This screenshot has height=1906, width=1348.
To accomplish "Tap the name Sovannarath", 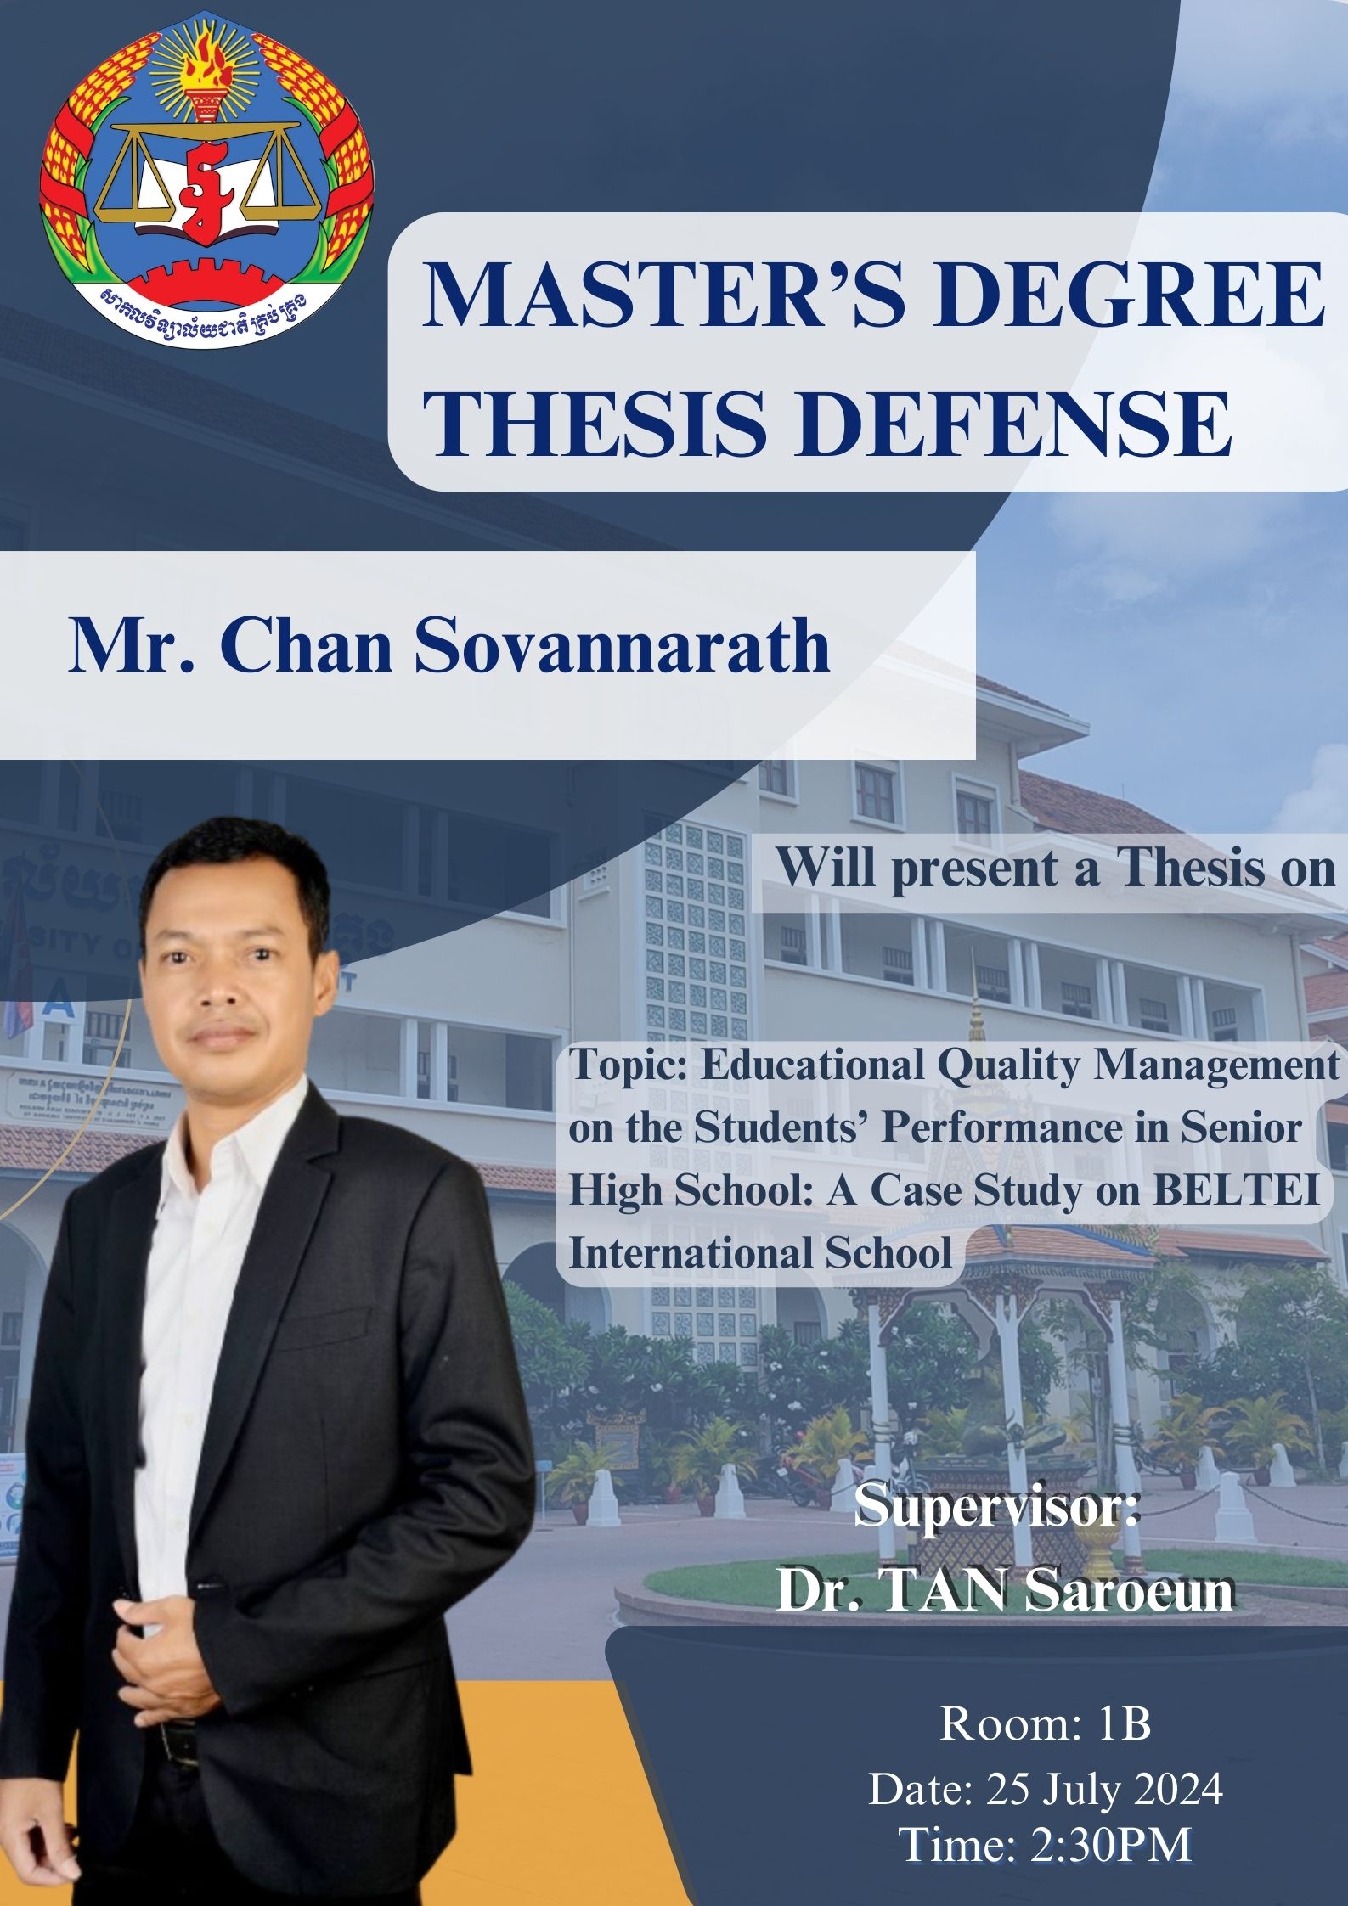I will [x=623, y=647].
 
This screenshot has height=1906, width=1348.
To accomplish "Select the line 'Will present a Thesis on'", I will [x=1056, y=869].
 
